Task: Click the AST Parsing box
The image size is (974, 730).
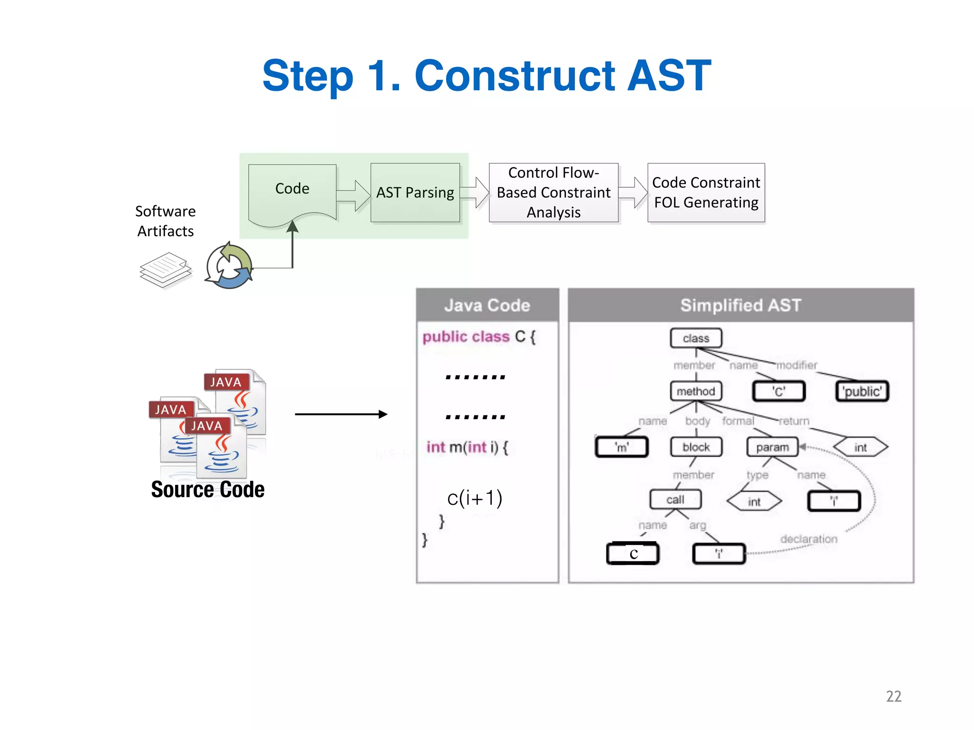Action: pyautogui.click(x=415, y=192)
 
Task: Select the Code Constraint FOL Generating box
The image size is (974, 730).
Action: pyautogui.click(x=706, y=192)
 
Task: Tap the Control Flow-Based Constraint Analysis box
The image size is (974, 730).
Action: pyautogui.click(x=553, y=192)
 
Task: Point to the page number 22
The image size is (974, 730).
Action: pyautogui.click(x=893, y=696)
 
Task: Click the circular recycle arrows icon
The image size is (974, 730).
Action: pyautogui.click(x=229, y=267)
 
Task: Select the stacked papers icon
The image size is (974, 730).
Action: pyautogui.click(x=166, y=270)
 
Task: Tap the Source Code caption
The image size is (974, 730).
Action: pyautogui.click(x=207, y=490)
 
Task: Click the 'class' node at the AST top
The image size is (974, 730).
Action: pyautogui.click(x=696, y=338)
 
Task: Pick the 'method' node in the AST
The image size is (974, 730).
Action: pyautogui.click(x=696, y=391)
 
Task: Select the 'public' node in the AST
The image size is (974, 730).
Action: pyautogui.click(x=862, y=391)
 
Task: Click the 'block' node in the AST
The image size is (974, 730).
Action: pyautogui.click(x=696, y=447)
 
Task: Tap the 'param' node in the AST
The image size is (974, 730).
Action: pyautogui.click(x=772, y=447)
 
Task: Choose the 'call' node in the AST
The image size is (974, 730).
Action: pyautogui.click(x=675, y=499)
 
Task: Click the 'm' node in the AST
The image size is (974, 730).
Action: pyautogui.click(x=622, y=447)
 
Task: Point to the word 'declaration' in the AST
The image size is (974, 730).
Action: pyautogui.click(x=808, y=539)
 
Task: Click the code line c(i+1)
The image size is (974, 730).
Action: pyautogui.click(x=474, y=498)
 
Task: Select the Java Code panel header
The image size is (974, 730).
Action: pyautogui.click(x=487, y=305)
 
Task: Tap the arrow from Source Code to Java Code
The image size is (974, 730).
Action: pyautogui.click(x=341, y=414)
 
